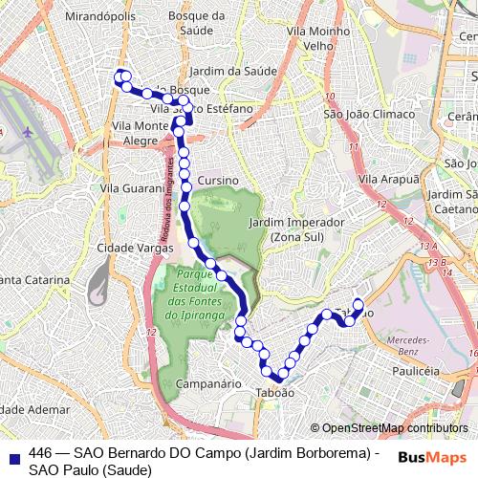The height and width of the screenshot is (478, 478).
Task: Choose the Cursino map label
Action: click(218, 181)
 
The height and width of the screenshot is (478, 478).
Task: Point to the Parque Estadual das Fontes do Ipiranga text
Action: click(194, 293)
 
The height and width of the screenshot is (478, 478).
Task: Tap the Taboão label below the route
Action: click(274, 392)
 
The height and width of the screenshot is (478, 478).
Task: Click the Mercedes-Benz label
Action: click(409, 345)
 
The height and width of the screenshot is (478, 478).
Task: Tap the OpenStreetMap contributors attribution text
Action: click(394, 428)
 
